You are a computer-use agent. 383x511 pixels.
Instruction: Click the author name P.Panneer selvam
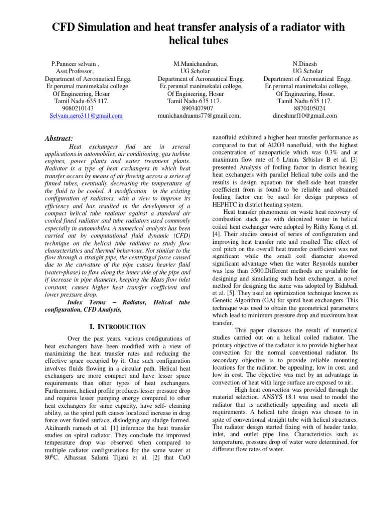coord(76,65)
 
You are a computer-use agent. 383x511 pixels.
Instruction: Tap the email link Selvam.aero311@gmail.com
coord(86,115)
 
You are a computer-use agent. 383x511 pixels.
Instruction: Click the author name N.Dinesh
coord(305,65)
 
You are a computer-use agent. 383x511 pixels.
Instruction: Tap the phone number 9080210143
coord(77,108)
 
